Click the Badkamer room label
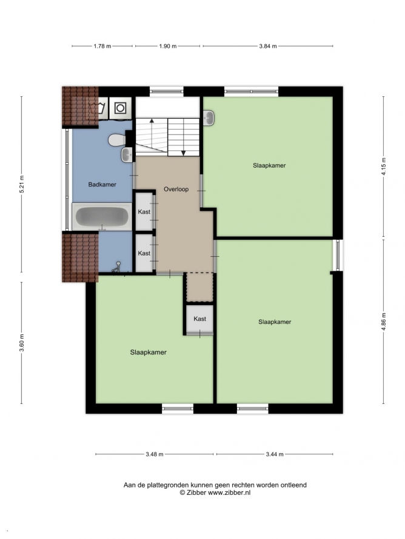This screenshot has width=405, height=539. tap(102, 185)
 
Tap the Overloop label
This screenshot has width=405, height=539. tap(176, 189)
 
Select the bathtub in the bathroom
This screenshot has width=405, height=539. tap(102, 217)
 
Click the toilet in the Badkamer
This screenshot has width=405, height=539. tap(116, 141)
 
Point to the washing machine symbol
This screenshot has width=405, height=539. tap(120, 108)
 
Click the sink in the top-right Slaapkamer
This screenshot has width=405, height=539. tap(209, 118)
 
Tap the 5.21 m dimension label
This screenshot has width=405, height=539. tap(22, 184)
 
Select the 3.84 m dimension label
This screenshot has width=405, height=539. tap(268, 46)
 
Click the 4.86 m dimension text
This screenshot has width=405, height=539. tap(384, 322)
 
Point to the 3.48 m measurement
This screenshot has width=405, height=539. tap(155, 454)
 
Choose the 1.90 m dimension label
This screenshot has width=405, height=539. tap(167, 46)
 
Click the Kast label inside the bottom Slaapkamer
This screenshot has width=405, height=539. tap(199, 319)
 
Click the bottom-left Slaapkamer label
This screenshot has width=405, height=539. tap(149, 352)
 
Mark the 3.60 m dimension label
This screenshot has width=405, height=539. tap(22, 343)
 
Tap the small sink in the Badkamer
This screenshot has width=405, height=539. tap(127, 154)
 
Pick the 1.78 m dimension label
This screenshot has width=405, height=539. tap(102, 46)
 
